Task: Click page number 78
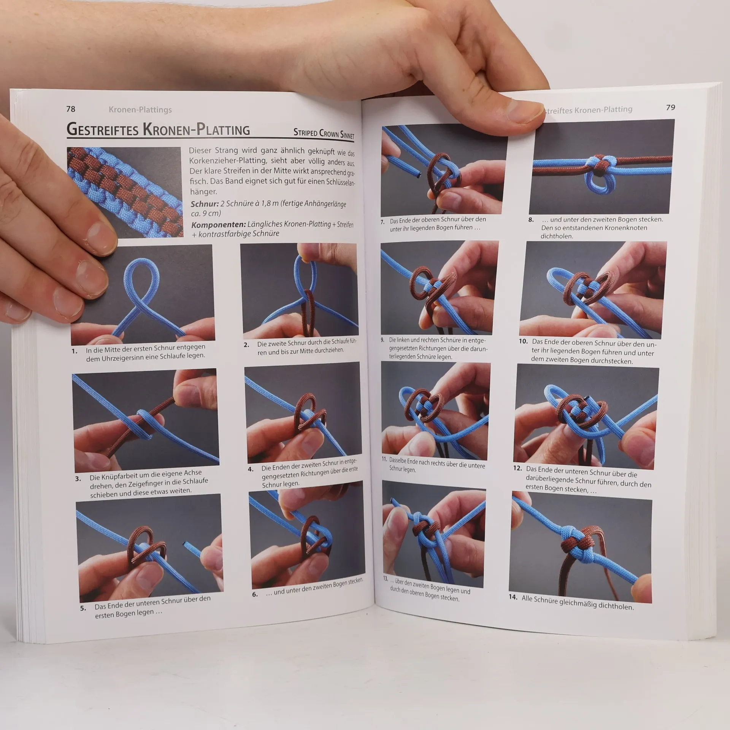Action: (x=71, y=109)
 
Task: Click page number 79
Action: (x=671, y=108)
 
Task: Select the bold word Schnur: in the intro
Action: (x=205, y=203)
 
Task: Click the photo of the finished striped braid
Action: (x=125, y=192)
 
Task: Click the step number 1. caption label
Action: (x=75, y=351)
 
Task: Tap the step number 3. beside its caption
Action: (x=78, y=479)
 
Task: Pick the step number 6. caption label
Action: (x=255, y=594)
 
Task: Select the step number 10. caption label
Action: (x=523, y=341)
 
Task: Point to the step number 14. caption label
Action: (x=513, y=597)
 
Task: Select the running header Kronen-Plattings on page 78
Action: (x=140, y=109)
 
